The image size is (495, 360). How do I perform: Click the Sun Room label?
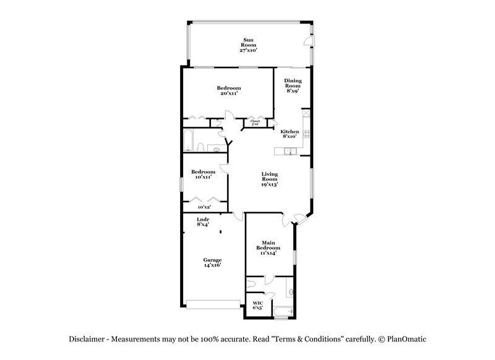[247, 45]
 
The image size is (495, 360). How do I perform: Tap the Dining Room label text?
[292, 85]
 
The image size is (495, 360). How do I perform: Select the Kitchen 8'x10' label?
[290, 134]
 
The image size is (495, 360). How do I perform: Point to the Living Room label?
[269, 179]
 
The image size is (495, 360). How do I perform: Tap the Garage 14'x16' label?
[212, 262]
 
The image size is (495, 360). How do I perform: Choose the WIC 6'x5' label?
[257, 305]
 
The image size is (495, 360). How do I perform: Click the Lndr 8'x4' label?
[203, 221]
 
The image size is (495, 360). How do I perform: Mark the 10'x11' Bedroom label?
[202, 174]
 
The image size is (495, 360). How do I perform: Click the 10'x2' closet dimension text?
[204, 208]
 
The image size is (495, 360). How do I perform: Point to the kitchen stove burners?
[305, 117]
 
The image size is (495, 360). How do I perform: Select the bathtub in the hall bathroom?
[188, 141]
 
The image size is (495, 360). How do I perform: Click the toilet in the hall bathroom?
[201, 147]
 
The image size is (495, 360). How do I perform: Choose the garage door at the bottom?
[213, 304]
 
